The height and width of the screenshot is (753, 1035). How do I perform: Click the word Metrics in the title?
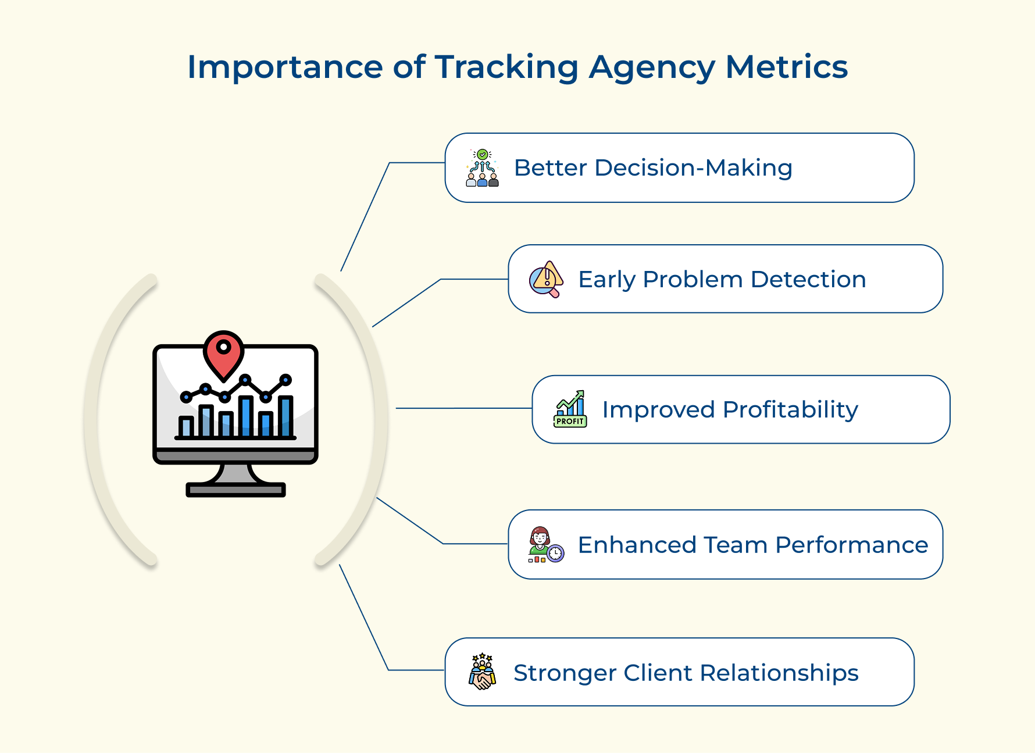click(x=786, y=67)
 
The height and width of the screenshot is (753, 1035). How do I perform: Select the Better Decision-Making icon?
click(x=482, y=168)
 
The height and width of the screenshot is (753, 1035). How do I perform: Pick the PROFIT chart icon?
click(x=570, y=409)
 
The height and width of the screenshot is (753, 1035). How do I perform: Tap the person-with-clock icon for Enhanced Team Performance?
click(x=545, y=545)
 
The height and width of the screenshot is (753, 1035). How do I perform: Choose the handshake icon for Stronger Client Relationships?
click(x=482, y=672)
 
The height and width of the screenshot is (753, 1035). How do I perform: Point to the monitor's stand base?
click(x=235, y=490)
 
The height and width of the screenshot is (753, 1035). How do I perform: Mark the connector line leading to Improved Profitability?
click(x=463, y=408)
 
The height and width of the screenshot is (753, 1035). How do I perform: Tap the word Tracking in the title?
click(x=506, y=67)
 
